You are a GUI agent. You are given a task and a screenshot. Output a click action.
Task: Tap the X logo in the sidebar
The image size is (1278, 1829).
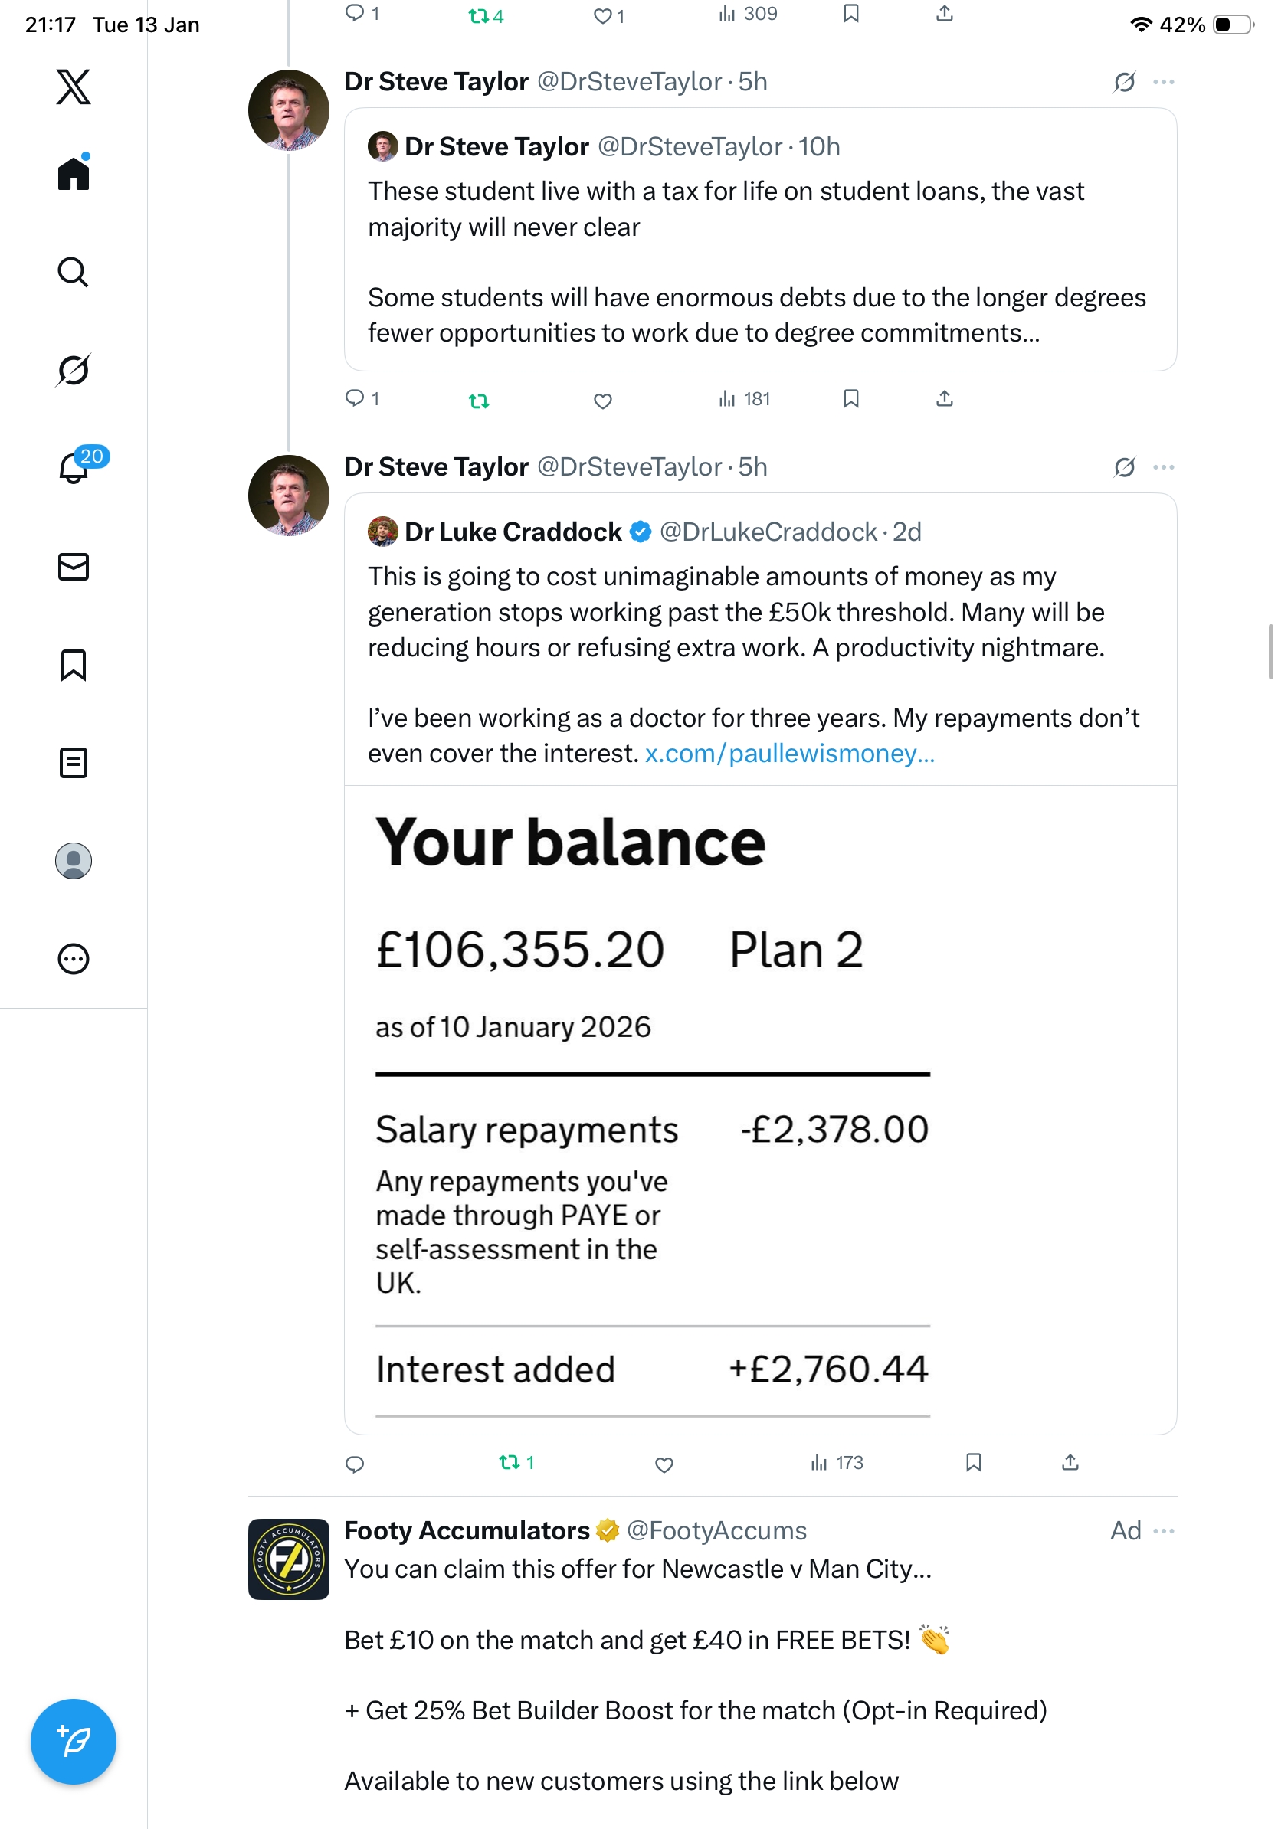74,86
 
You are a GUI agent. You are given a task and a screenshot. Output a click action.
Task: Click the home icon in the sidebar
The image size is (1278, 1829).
74,173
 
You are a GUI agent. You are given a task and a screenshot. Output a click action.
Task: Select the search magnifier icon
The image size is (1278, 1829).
74,273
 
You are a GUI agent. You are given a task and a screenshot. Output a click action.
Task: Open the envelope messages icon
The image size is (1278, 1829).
74,566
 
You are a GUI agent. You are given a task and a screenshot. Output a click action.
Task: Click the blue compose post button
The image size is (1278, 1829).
74,1741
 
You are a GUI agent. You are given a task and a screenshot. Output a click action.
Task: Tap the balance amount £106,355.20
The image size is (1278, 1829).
519,950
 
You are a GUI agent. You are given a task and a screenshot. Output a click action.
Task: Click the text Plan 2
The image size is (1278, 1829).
796,950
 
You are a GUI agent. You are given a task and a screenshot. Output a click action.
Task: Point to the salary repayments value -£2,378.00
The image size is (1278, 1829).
834,1129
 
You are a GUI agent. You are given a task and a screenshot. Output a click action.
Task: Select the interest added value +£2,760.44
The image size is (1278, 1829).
828,1369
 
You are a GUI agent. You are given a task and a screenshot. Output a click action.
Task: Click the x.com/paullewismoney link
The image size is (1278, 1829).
789,754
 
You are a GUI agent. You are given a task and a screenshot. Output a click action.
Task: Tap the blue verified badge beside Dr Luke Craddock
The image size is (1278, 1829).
641,532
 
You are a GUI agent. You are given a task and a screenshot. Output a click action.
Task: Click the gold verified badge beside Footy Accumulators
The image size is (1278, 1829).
608,1530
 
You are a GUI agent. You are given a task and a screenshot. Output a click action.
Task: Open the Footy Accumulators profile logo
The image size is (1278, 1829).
288,1559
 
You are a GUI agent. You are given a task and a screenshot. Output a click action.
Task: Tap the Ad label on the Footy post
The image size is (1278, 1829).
1125,1530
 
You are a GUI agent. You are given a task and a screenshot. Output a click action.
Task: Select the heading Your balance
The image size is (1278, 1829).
571,842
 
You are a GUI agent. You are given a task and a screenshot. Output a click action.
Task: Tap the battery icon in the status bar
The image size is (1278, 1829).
1232,25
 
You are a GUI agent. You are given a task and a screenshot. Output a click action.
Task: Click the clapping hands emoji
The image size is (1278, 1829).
935,1639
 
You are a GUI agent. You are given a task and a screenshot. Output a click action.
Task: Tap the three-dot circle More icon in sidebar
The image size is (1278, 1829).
74,959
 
